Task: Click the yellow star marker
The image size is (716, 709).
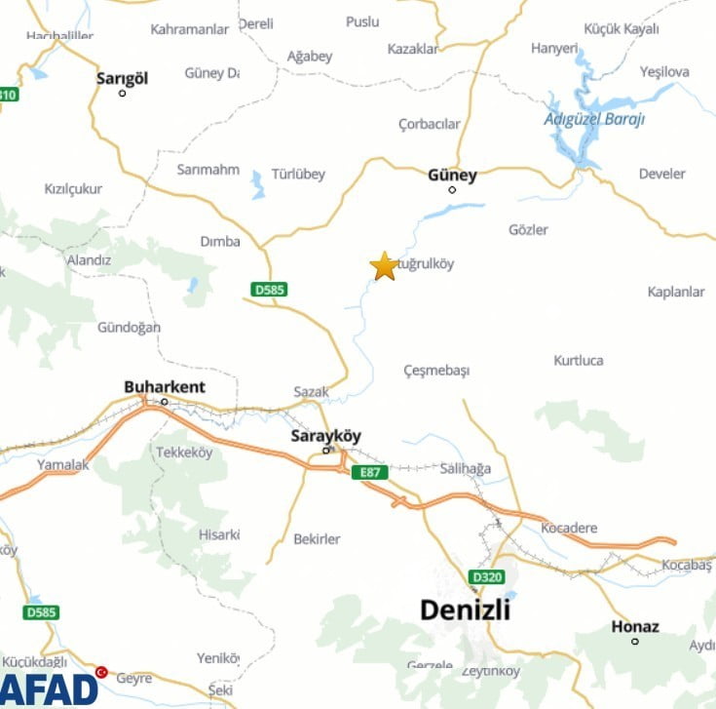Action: pyautogui.click(x=385, y=265)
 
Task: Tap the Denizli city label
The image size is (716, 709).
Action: pyautogui.click(x=465, y=610)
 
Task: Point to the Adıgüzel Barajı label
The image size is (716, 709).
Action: pyautogui.click(x=594, y=119)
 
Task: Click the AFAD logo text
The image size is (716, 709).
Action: pyautogui.click(x=49, y=689)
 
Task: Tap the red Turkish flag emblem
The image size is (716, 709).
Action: pyautogui.click(x=101, y=672)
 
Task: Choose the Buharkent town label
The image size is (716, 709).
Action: pyautogui.click(x=165, y=387)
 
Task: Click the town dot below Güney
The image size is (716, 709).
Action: pyautogui.click(x=452, y=189)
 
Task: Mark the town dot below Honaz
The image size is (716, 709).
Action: pyautogui.click(x=635, y=641)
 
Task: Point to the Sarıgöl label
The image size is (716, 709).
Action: pyautogui.click(x=122, y=78)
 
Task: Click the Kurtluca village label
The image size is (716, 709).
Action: pyautogui.click(x=579, y=360)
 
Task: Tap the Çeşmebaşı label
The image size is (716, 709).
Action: pyautogui.click(x=436, y=371)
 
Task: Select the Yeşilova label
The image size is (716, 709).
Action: pyautogui.click(x=664, y=71)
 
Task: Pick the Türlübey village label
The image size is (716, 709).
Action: pyautogui.click(x=298, y=175)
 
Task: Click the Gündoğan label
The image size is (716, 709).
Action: pyautogui.click(x=129, y=328)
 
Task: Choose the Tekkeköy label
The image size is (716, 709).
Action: pyautogui.click(x=184, y=452)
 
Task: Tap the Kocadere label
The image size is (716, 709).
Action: pyautogui.click(x=569, y=528)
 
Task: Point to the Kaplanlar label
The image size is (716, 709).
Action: pyautogui.click(x=676, y=292)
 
